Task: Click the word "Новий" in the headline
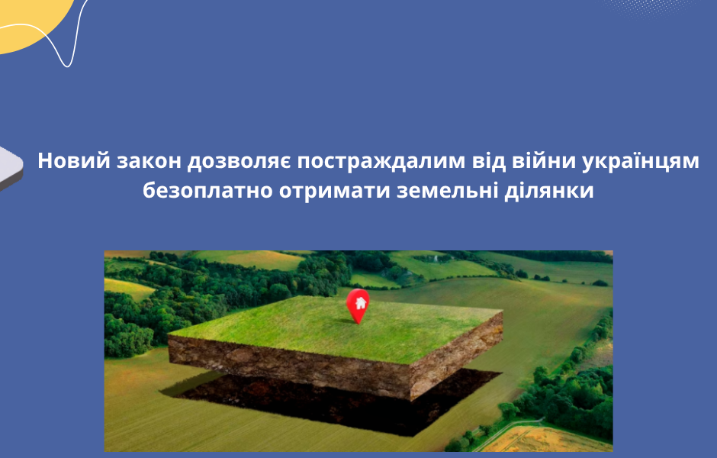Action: coord(70,163)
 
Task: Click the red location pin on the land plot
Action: coord(357,304)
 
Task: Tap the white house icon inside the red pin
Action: coord(357,300)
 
